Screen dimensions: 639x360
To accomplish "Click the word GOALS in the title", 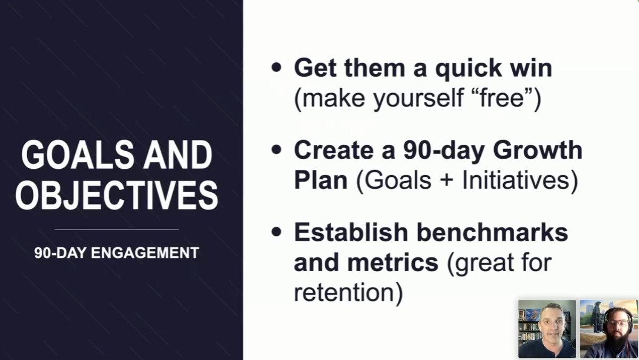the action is click(x=78, y=155).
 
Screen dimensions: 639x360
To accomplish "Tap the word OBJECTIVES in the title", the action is click(x=117, y=195).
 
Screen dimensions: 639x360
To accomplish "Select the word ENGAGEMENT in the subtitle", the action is click(x=145, y=253).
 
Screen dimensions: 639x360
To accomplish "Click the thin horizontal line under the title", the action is click(x=117, y=230).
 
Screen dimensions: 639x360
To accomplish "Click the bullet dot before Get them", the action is click(x=276, y=68).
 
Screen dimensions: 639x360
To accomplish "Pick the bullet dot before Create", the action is click(x=276, y=150).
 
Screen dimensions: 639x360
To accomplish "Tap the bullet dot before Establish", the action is click(x=276, y=232).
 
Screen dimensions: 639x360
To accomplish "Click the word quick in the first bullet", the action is click(x=469, y=69).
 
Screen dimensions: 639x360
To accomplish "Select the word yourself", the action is click(x=418, y=99).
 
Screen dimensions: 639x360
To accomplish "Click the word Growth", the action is click(x=538, y=150).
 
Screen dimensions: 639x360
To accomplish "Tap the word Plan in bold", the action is click(x=321, y=180).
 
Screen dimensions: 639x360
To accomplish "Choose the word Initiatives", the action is click(x=515, y=180).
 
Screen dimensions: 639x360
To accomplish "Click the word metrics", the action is click(x=393, y=263).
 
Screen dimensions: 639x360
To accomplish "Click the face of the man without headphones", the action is click(x=552, y=325).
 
